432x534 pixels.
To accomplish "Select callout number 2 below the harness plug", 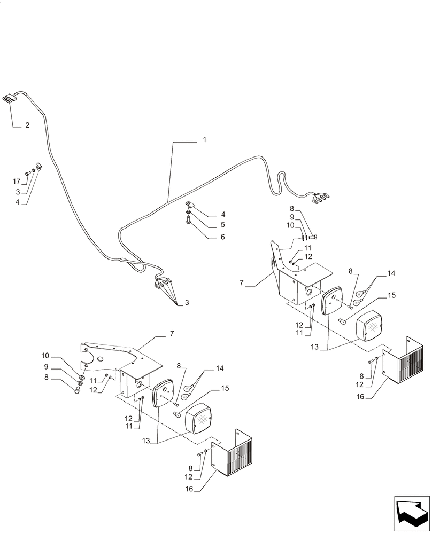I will coord(27,125).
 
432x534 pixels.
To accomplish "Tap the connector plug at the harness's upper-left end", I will coord(8,99).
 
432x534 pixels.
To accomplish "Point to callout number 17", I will coord(17,182).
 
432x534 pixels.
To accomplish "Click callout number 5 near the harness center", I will coord(207,225).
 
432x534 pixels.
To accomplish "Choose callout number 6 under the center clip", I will coord(207,236).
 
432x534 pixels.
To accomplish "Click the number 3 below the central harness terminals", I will coord(187,303).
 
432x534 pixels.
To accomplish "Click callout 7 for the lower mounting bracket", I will coord(171,334).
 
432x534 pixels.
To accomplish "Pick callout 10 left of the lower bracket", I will coord(45,356).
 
